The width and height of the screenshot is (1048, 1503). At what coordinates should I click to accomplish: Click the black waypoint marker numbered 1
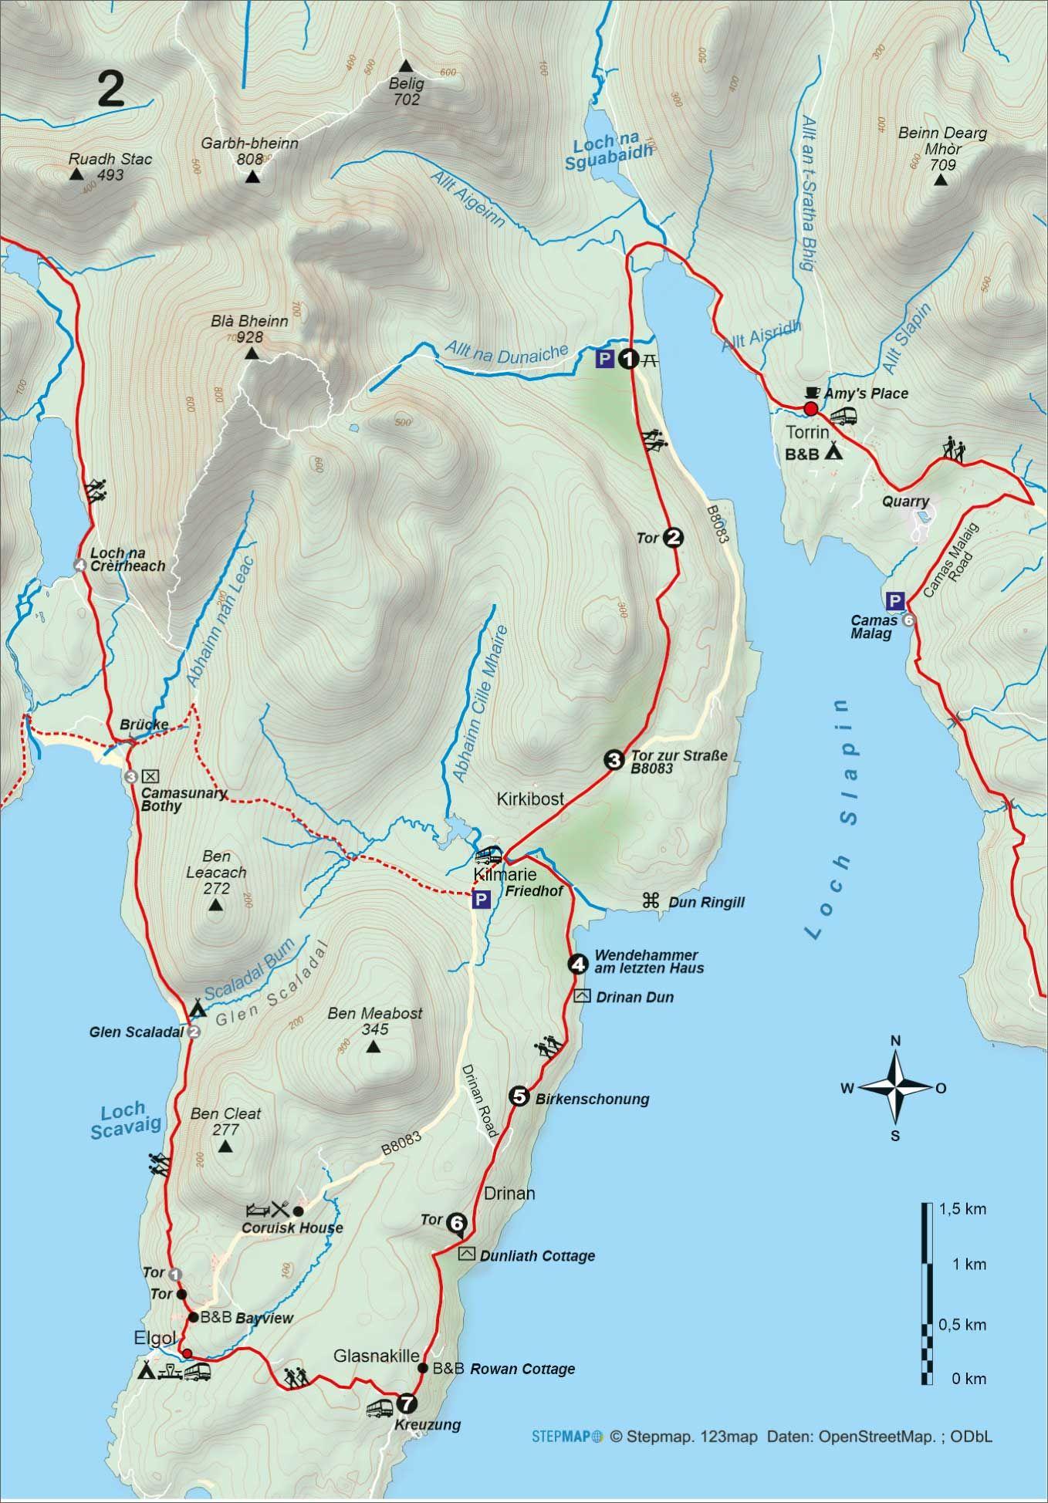click(629, 359)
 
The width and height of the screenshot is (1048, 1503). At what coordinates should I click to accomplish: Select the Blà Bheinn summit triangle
click(251, 354)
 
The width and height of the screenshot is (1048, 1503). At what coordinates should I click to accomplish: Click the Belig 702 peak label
click(407, 92)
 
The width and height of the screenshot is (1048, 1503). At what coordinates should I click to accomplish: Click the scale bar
click(927, 1293)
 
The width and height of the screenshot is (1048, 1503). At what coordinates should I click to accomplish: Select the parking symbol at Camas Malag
click(894, 600)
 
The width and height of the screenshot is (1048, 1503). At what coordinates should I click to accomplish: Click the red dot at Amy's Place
click(810, 408)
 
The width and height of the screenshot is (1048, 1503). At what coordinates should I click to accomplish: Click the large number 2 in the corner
click(111, 90)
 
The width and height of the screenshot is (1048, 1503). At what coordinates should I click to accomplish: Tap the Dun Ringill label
click(706, 902)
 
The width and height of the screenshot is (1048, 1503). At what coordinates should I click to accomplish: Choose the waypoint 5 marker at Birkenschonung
click(519, 1096)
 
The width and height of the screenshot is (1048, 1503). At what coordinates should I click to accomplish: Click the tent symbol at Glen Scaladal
click(198, 1008)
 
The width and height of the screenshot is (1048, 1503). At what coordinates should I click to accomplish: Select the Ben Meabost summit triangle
click(374, 1047)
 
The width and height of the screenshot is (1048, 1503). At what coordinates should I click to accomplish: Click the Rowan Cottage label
click(522, 1369)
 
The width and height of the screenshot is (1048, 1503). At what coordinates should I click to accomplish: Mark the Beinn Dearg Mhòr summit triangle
click(940, 181)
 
